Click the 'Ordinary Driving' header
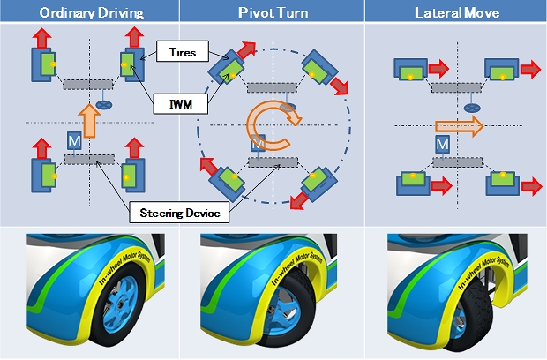tap(89, 11)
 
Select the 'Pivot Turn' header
tap(272, 11)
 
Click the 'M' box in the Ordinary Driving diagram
tap(73, 141)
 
